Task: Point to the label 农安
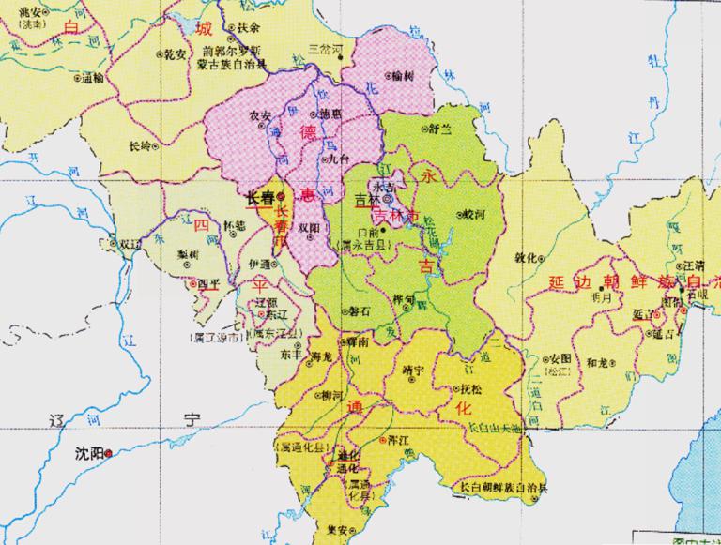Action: point(259,115)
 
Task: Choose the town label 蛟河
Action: point(476,214)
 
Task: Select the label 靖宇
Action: point(412,369)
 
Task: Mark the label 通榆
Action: point(93,79)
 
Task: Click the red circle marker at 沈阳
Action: point(109,453)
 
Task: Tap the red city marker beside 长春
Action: point(280,197)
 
